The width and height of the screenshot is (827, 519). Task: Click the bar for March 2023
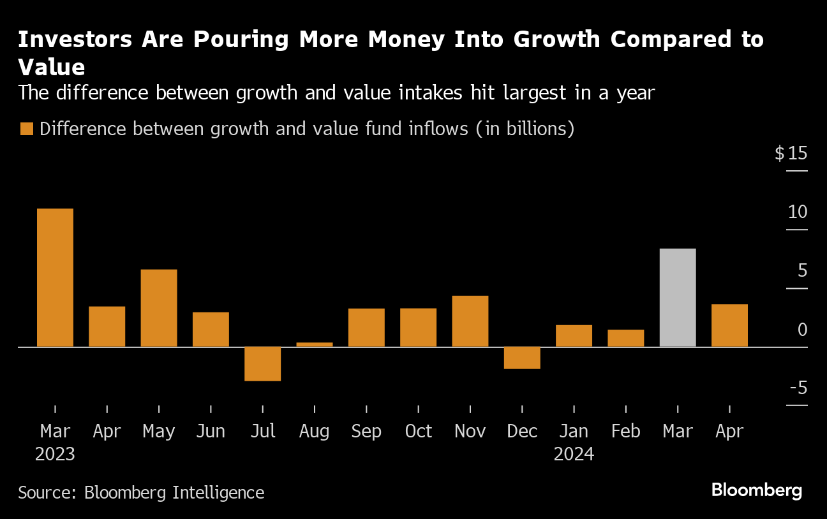[55, 277]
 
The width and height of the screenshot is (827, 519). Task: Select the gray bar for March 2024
[678, 297]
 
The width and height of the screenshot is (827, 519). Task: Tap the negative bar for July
[263, 363]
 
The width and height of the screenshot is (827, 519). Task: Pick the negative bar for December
[522, 358]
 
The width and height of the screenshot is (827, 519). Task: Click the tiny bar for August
[315, 344]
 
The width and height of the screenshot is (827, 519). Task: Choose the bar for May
[159, 308]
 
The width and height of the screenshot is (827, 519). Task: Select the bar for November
[470, 321]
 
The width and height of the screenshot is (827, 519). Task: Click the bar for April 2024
[729, 325]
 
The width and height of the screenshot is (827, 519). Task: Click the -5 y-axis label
[798, 388]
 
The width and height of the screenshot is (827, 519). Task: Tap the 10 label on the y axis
[798, 212]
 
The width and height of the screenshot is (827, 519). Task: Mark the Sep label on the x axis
[366, 432]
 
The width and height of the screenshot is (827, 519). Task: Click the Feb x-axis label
[625, 432]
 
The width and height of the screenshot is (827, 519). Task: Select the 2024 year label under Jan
[574, 454]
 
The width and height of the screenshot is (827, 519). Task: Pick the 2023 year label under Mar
[55, 454]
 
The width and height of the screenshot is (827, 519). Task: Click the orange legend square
[26, 129]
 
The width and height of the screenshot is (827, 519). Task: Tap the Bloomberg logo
[756, 491]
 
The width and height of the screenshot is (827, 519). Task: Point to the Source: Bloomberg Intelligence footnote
[141, 492]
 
